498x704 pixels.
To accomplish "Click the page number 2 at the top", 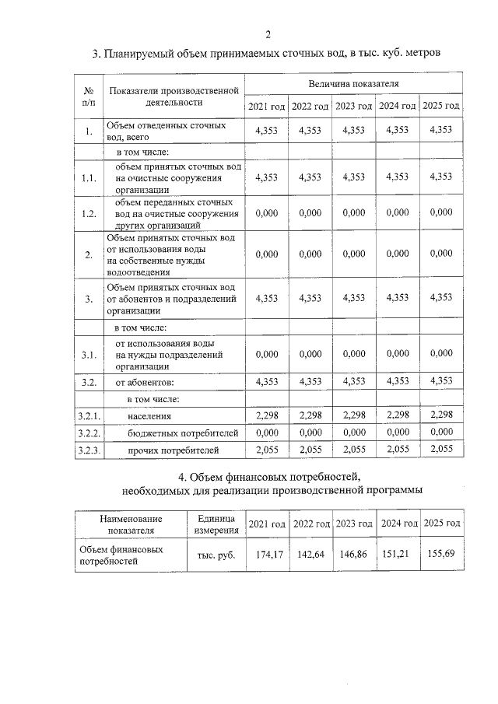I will coord(268,33).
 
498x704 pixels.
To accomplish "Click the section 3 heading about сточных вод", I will coord(267,54).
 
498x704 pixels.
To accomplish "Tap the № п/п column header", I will coord(89,95).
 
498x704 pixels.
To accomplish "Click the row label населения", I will coord(149,416).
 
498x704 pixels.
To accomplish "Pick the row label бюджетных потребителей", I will coord(172,433).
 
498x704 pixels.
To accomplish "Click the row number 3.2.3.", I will coord(89,450).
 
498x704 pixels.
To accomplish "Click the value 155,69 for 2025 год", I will coord(441,555).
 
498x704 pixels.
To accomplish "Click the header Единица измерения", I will coord(211,524).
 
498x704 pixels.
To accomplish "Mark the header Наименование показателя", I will coord(130,524).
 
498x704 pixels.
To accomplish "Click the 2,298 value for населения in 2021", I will coord(267,416).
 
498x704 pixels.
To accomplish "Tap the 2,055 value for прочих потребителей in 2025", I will coord(441,450).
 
